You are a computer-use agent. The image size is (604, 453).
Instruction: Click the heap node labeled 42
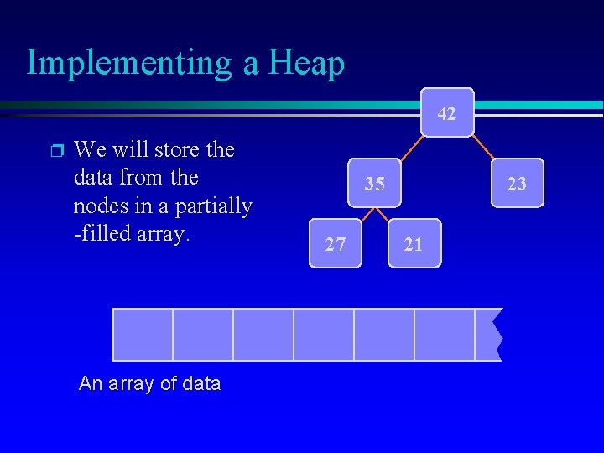coord(447,112)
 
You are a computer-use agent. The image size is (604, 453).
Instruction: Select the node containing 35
coord(375,182)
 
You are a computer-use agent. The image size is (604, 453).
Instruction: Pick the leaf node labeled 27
coord(336,244)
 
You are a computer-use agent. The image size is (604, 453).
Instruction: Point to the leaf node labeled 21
coord(414,244)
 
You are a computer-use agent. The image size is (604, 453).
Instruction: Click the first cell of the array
coord(143,334)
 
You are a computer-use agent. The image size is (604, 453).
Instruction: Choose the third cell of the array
coord(263,334)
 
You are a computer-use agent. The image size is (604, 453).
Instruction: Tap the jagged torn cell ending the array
coord(487,334)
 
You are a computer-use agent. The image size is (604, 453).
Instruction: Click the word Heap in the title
coord(306,63)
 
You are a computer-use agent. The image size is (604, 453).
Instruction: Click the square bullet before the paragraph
coord(56,152)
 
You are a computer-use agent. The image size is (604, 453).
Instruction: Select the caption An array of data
coord(149,384)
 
